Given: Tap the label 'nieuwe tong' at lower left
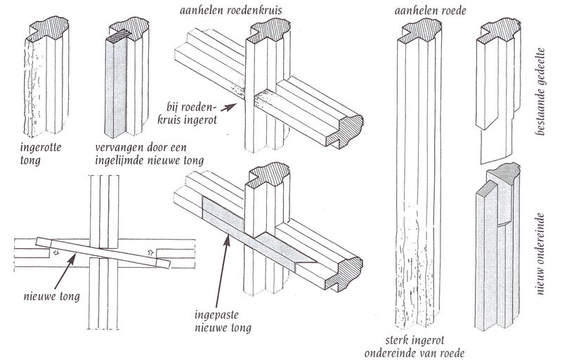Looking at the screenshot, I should (x=48, y=296).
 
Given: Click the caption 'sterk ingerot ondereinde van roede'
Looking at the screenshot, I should (x=426, y=345).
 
